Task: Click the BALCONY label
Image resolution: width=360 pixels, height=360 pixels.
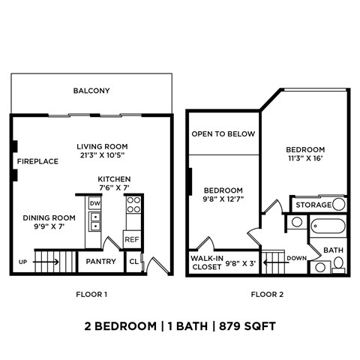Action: tap(91, 91)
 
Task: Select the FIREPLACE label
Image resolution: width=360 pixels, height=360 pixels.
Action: tap(38, 161)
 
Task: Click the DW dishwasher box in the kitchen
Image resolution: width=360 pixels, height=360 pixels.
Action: tap(94, 203)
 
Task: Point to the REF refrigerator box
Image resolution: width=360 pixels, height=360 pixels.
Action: tap(132, 239)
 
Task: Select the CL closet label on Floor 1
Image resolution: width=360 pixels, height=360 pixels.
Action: tap(133, 262)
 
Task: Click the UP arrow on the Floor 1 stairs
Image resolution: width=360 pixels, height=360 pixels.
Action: tap(44, 262)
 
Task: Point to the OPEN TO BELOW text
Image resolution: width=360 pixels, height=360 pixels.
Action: tap(223, 134)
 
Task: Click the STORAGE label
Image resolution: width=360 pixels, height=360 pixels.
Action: tap(312, 205)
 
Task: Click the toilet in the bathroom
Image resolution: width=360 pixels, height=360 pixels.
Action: tap(339, 263)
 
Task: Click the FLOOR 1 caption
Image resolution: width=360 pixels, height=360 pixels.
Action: tap(91, 294)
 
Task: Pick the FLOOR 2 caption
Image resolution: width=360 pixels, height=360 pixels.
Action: tap(267, 294)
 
